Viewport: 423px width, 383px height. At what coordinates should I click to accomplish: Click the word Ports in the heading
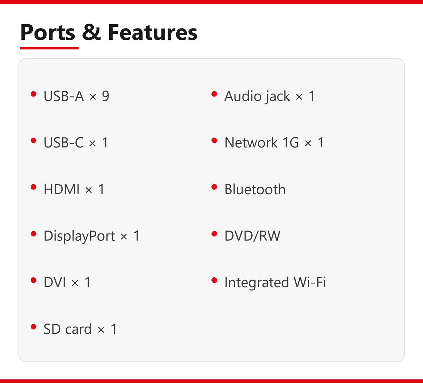pos(48,32)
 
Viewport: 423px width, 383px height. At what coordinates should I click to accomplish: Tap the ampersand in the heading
pos(91,32)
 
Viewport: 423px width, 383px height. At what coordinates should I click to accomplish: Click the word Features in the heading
pos(153,32)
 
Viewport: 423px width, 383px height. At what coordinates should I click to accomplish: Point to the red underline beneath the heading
pos(49,48)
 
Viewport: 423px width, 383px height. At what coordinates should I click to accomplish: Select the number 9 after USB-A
pos(106,96)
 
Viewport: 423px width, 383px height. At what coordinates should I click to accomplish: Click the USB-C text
pos(63,143)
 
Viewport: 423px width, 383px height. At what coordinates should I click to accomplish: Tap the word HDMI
pos(62,189)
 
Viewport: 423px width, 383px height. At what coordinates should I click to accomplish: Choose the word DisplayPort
pos(79,236)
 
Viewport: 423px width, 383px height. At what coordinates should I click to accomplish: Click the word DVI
pos(55,282)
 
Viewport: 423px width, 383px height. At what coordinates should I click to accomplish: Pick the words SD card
pos(68,329)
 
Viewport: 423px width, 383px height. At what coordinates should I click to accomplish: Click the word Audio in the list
pos(243,96)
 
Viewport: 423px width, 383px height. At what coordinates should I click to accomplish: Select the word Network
pos(251,143)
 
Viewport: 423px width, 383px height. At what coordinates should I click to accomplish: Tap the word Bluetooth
pos(255,189)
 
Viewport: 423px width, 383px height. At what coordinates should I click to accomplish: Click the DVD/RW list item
pos(252,236)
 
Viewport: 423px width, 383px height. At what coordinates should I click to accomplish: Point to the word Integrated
pos(257,283)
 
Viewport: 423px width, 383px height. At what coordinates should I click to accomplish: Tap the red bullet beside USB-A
pos(33,94)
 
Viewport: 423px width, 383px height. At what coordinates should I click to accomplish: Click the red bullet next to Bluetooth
pos(214,187)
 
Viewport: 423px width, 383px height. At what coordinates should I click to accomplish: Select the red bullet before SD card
pos(33,327)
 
